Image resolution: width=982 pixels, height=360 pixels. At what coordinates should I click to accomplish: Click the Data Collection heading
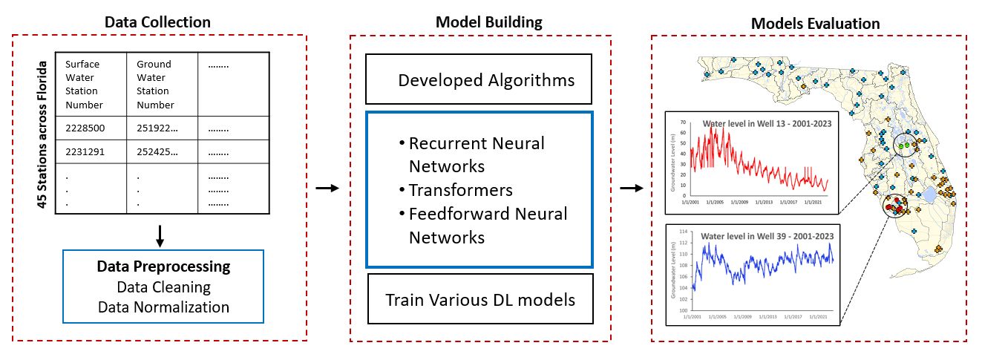(x=157, y=22)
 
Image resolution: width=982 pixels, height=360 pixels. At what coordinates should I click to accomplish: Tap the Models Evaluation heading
(x=815, y=24)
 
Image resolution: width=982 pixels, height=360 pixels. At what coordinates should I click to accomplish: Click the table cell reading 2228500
(x=85, y=128)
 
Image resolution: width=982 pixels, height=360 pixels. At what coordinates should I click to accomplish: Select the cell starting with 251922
(x=157, y=128)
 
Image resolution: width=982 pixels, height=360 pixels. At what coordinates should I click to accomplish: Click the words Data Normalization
(x=163, y=307)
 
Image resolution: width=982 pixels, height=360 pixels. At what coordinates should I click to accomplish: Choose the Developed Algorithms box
(x=478, y=79)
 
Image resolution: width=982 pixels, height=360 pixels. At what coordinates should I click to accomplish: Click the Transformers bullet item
(x=460, y=190)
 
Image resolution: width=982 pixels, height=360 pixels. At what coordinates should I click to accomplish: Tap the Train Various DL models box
(x=479, y=300)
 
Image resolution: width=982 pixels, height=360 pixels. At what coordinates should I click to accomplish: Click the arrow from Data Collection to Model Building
(x=327, y=188)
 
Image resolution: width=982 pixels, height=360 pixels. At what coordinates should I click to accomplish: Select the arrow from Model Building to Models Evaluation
(x=631, y=188)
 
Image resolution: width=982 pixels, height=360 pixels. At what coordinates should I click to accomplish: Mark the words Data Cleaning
(x=163, y=287)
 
